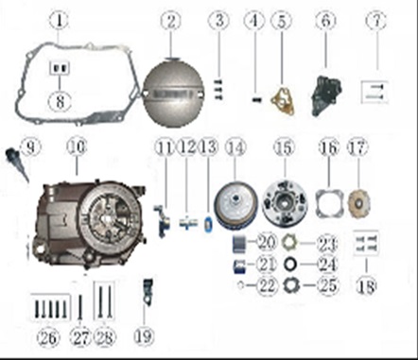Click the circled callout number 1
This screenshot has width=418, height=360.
[x=60, y=21]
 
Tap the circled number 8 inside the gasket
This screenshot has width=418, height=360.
[x=60, y=101]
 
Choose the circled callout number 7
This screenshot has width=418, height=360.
[x=376, y=21]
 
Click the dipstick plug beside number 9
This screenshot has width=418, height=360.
[x=16, y=164]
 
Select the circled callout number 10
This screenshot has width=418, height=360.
[x=77, y=147]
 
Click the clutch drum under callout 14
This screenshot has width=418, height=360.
[x=235, y=205]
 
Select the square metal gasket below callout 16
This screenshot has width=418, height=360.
[x=329, y=204]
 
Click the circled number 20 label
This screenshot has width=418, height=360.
[x=268, y=242]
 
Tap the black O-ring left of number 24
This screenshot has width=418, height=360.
[x=289, y=265]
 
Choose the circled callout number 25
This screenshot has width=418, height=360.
[x=328, y=285]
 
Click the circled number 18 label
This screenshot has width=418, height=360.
[x=367, y=286]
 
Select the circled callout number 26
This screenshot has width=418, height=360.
[x=48, y=337]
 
